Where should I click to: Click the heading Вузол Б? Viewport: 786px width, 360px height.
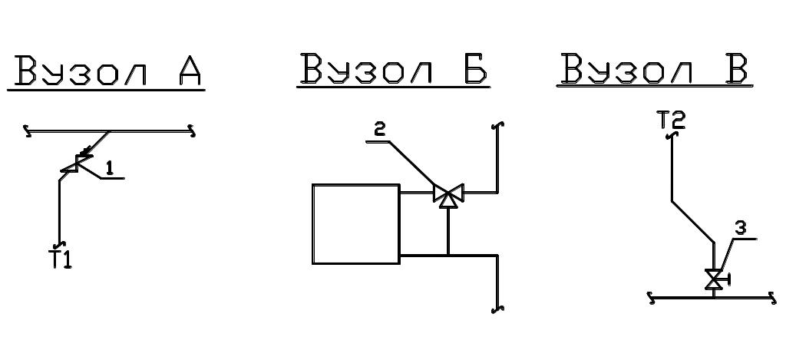(x=394, y=70)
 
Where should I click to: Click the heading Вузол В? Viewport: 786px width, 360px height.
(x=654, y=70)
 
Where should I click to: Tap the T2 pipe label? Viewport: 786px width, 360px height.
(x=671, y=121)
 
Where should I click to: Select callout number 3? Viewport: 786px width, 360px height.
(x=739, y=227)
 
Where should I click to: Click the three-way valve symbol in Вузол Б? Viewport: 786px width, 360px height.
(x=447, y=194)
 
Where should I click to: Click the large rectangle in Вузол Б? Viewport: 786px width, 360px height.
(x=356, y=224)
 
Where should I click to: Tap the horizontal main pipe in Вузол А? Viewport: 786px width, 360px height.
(x=146, y=131)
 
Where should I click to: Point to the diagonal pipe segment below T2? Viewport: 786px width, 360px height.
(x=693, y=222)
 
